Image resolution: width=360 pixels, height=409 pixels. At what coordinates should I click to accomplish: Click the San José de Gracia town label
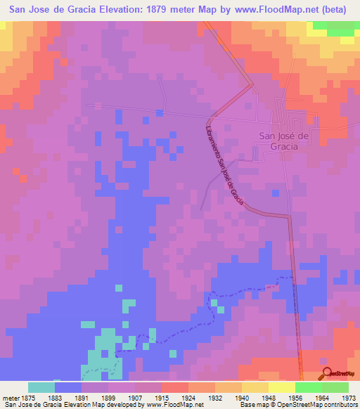tap(284, 142)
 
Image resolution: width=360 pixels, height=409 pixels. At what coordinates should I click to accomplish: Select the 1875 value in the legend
tap(27, 396)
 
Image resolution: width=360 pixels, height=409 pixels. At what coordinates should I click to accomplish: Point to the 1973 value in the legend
tap(348, 396)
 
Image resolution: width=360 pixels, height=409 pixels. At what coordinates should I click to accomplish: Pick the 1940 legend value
tap(241, 396)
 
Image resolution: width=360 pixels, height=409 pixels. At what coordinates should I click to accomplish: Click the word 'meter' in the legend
tap(9, 396)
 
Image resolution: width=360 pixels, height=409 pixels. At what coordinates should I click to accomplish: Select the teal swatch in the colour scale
tap(41, 387)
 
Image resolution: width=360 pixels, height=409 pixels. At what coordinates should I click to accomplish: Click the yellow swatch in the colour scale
tap(281, 387)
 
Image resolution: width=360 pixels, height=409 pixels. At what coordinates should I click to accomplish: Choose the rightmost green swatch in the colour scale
tap(335, 387)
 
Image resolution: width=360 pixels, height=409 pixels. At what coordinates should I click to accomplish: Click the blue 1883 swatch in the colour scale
tap(67, 387)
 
